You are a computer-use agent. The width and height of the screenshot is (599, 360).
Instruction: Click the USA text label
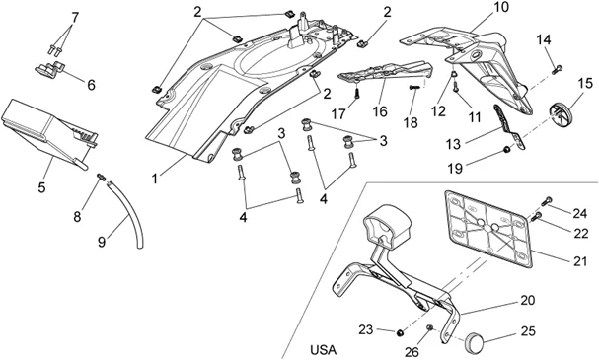tap(324, 349)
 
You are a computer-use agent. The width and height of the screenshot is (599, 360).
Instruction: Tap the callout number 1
tap(155, 179)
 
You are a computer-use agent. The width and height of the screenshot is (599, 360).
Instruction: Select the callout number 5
tap(41, 187)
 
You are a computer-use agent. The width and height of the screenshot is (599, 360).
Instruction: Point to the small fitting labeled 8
tap(102, 177)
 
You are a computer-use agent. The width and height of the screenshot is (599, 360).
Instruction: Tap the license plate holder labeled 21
tap(487, 230)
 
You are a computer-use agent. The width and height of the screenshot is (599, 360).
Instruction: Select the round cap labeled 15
tap(560, 110)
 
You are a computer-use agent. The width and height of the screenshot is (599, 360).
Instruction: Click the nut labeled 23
tap(400, 333)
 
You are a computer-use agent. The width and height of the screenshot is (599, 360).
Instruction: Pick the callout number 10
tap(501, 7)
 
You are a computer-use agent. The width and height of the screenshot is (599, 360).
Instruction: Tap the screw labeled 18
tap(414, 88)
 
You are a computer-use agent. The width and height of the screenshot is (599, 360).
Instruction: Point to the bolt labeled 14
tap(558, 69)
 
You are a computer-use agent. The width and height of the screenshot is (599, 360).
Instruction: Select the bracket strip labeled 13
tap(508, 127)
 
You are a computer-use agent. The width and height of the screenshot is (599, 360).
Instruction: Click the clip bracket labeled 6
tap(50, 69)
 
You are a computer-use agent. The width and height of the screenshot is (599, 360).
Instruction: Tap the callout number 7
tap(75, 17)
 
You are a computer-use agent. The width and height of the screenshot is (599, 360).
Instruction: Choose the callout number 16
tap(380, 111)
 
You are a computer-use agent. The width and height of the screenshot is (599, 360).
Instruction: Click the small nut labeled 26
tap(429, 327)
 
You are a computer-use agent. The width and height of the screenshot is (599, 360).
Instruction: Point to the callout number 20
tap(528, 300)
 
